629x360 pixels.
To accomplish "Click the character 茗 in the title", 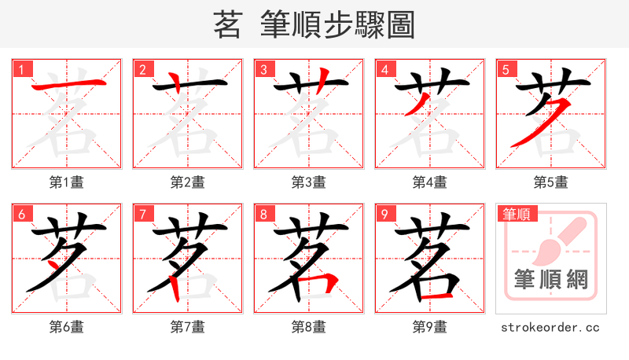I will point(226,26).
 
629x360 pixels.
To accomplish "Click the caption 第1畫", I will point(67,182).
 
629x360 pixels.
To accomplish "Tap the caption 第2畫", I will point(188,182).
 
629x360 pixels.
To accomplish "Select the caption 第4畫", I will point(430,182).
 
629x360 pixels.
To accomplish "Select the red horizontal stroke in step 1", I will point(66,86).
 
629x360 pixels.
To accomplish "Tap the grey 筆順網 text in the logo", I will point(551,280).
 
